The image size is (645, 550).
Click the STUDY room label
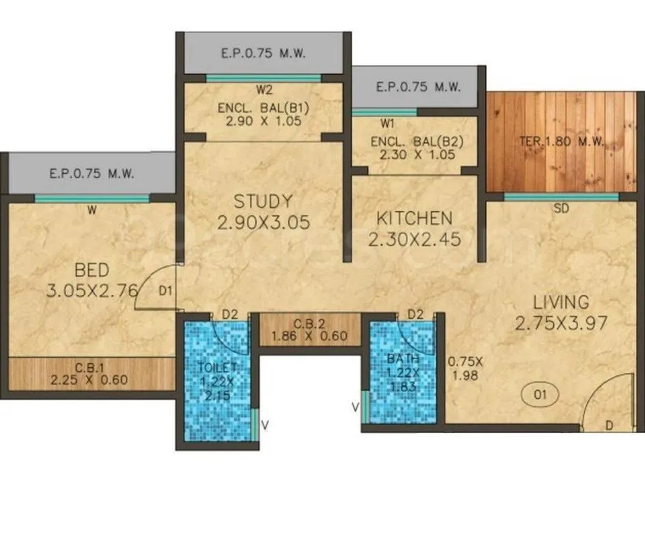(263, 202)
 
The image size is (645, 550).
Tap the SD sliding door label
(561, 208)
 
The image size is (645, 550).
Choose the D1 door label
(165, 291)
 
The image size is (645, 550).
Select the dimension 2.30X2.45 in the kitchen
(414, 240)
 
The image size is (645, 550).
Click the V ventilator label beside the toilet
(265, 424)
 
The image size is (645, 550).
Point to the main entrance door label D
(609, 426)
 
